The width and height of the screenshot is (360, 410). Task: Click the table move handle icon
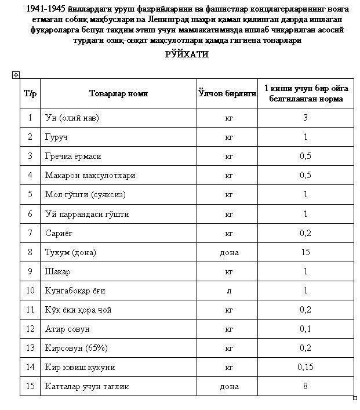[16, 75]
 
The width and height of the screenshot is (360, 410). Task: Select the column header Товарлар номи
[118, 93]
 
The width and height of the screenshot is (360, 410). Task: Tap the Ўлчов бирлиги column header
[227, 93]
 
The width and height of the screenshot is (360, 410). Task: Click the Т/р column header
[30, 93]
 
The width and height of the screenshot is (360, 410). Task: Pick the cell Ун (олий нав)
[72, 118]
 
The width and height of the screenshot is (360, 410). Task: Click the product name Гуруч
[56, 137]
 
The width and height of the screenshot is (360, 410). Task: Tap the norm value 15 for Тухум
[305, 252]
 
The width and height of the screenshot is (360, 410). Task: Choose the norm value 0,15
[305, 367]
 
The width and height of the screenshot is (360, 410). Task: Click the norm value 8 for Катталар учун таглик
[305, 386]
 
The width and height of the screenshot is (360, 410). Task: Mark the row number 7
[30, 233]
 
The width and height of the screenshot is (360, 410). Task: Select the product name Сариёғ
[58, 233]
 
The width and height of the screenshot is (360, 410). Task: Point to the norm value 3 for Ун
[305, 118]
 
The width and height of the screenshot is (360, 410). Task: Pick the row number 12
[30, 329]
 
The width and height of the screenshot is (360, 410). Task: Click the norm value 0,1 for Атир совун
[305, 329]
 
